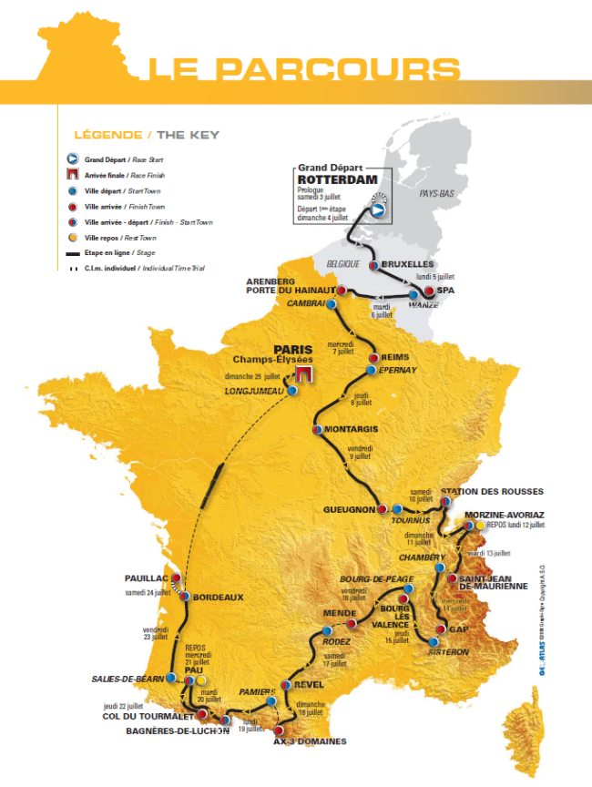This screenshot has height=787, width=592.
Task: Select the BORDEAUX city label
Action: coord(218,598)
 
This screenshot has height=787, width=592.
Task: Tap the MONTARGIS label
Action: coord(351,429)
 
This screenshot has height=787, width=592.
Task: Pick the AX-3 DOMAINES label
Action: coord(310,741)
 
